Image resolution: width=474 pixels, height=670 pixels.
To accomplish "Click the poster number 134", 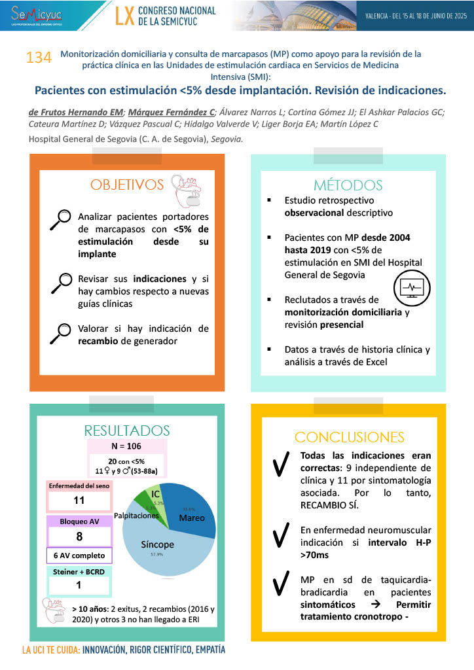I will pos(39,58).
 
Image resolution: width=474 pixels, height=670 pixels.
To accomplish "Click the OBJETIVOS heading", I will pos(127,185).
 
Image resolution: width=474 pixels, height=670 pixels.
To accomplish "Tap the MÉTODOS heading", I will pos(348,185).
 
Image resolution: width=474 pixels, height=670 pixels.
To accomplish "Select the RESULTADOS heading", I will pos(127,431).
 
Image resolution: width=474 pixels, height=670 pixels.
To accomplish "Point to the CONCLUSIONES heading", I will pos(349,437).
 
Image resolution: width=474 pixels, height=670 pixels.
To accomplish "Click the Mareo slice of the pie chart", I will pos(188,510).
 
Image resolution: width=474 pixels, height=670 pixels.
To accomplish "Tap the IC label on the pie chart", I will pos(155,493).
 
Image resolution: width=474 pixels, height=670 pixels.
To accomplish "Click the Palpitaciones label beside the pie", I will pos(137,516).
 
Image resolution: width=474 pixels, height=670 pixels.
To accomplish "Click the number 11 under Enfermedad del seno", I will pos(79,501).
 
